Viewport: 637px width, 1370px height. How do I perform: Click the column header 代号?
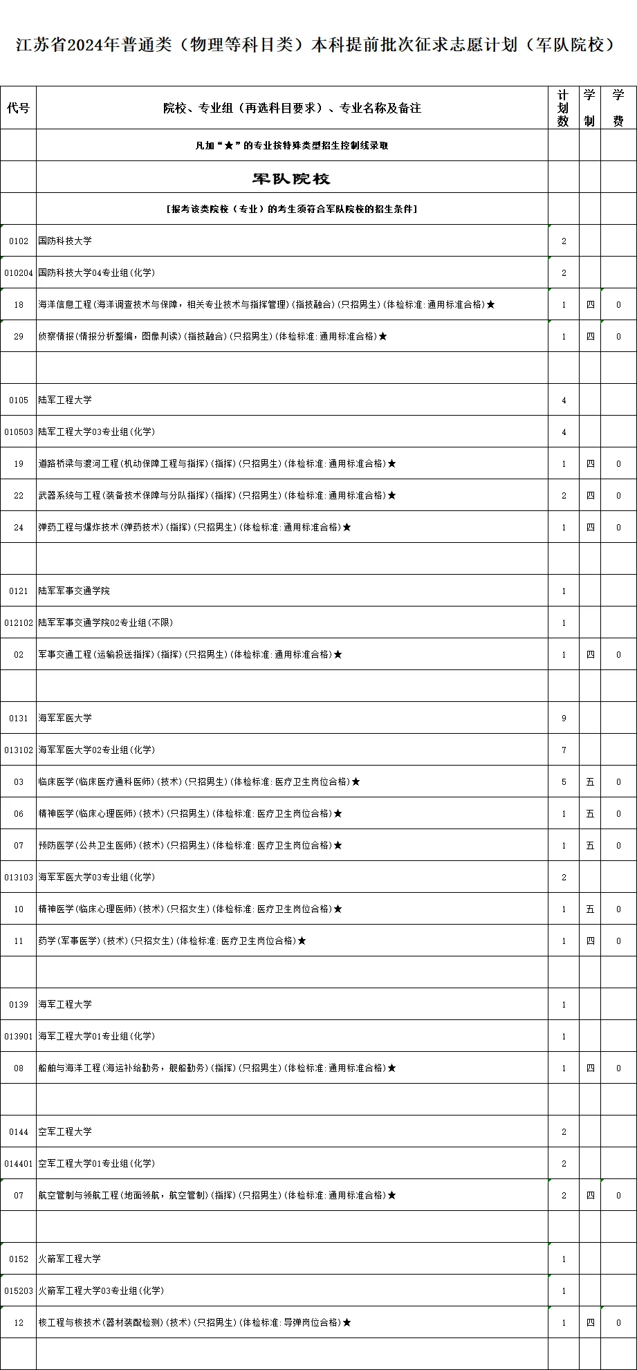(x=19, y=108)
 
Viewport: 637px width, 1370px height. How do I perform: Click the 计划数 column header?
(x=563, y=108)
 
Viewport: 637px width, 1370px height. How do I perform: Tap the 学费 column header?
(x=618, y=108)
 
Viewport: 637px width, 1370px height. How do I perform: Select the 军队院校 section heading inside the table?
(x=291, y=179)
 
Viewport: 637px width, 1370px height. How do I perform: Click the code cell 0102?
(x=19, y=241)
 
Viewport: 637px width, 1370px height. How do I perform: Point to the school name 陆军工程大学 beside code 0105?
(x=65, y=400)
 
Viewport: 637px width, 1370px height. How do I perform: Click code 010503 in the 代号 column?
(x=19, y=432)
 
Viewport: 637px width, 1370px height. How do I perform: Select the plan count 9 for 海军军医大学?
(x=564, y=719)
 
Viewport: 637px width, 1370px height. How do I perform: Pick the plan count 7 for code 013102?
(x=564, y=750)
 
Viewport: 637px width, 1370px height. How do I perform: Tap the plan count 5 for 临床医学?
(x=564, y=782)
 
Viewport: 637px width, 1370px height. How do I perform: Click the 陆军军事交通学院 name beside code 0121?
(x=74, y=591)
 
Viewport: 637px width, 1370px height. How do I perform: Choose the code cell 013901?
(x=19, y=1037)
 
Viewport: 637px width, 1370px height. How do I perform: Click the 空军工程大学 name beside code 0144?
(x=65, y=1132)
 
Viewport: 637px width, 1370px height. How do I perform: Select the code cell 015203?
(x=19, y=1291)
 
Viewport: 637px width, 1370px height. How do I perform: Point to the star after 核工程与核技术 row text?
(x=347, y=1323)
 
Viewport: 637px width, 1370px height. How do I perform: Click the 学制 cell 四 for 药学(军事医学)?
(x=590, y=941)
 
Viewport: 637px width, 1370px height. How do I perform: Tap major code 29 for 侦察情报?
(x=19, y=337)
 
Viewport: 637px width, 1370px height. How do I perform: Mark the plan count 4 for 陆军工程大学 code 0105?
(x=564, y=400)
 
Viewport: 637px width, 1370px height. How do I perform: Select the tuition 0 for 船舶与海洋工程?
(x=618, y=1068)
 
